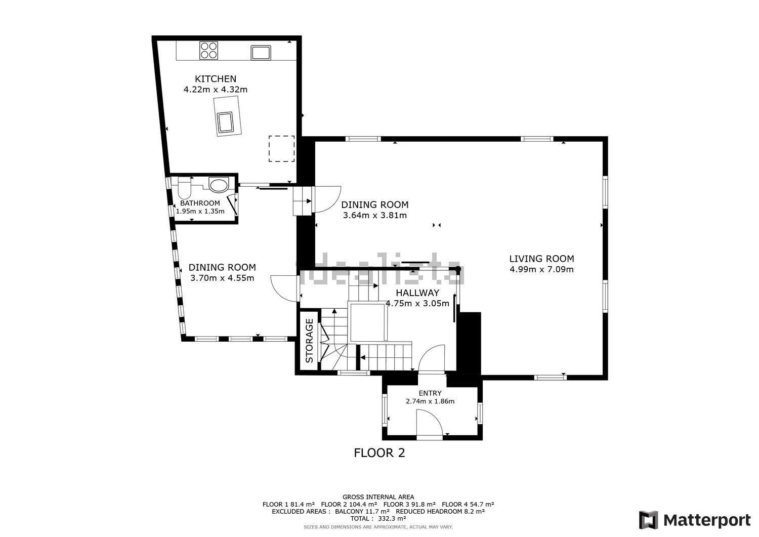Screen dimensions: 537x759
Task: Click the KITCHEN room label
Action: pyautogui.click(x=216, y=79)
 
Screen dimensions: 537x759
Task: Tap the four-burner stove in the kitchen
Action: pyautogui.click(x=208, y=51)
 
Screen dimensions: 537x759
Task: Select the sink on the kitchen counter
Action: pyautogui.click(x=261, y=52)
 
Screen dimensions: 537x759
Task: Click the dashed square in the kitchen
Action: pyautogui.click(x=281, y=149)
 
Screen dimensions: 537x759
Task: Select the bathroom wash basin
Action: pyautogui.click(x=219, y=185)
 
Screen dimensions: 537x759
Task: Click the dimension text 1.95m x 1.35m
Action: pyautogui.click(x=200, y=212)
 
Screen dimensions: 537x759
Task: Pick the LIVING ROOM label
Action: pyautogui.click(x=541, y=259)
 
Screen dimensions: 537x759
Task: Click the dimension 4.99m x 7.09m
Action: pyautogui.click(x=541, y=269)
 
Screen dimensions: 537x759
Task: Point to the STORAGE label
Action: pyautogui.click(x=309, y=341)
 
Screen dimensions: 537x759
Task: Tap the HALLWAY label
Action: pyautogui.click(x=417, y=293)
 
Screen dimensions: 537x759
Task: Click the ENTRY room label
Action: pyautogui.click(x=430, y=393)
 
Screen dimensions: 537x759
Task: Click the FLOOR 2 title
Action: pyautogui.click(x=379, y=453)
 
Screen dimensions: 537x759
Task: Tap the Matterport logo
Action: pyautogui.click(x=695, y=520)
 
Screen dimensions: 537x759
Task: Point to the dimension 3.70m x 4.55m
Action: pyautogui.click(x=222, y=278)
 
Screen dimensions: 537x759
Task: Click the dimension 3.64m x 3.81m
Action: pyautogui.click(x=374, y=216)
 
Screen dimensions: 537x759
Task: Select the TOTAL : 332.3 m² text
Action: pyautogui.click(x=378, y=518)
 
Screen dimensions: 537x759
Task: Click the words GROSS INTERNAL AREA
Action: pyautogui.click(x=378, y=497)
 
